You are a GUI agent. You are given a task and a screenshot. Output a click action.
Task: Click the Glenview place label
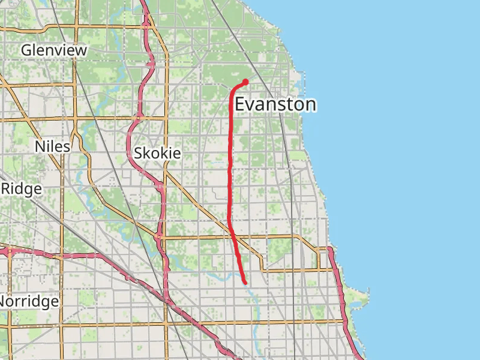click(54, 50)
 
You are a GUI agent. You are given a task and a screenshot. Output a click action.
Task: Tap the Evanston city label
click(275, 104)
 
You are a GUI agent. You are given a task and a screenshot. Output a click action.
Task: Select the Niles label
click(53, 146)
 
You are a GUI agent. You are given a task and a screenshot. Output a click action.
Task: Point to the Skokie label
click(157, 153)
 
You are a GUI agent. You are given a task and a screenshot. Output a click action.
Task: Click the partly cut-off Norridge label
click(29, 301)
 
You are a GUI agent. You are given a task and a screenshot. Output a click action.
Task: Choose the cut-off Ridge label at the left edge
click(21, 189)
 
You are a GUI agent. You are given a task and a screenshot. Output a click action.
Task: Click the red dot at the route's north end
click(245, 82)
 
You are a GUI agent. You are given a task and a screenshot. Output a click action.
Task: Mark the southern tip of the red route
click(245, 282)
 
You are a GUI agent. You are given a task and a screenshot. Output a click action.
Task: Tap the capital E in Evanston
click(239, 104)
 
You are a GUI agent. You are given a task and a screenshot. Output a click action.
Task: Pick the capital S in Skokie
click(138, 153)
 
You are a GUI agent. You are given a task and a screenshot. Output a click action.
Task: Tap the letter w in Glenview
click(81, 52)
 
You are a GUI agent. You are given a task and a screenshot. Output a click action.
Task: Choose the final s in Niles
click(67, 148)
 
